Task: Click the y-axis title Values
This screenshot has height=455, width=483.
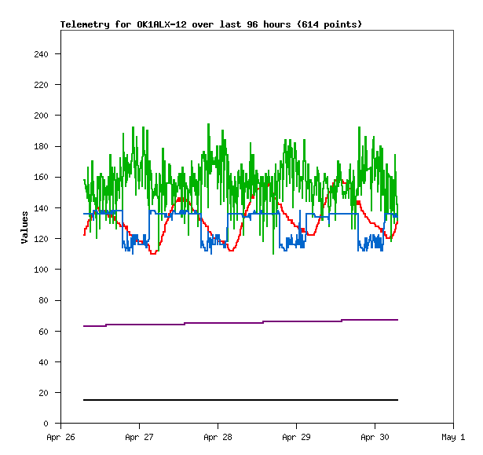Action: click(25, 227)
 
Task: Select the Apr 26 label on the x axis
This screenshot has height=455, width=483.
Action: click(60, 437)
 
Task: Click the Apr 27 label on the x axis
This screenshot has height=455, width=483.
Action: click(139, 437)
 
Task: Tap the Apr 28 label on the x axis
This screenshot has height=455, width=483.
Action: click(218, 437)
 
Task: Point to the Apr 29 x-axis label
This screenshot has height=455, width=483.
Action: click(296, 437)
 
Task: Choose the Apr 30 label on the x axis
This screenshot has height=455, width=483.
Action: click(375, 437)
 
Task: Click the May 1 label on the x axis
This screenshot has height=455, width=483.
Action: click(453, 437)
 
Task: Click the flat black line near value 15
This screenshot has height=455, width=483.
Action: click(236, 400)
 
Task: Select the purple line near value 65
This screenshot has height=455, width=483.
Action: click(236, 323)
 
